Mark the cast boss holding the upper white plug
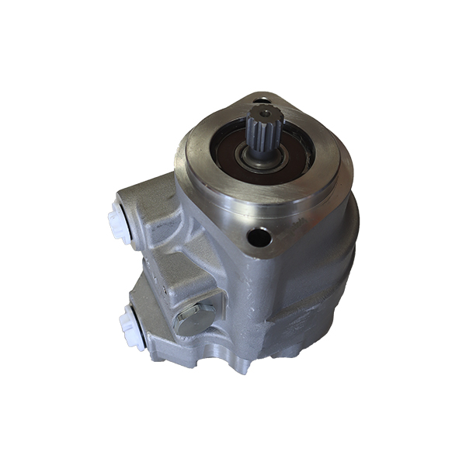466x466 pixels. (151, 210)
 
